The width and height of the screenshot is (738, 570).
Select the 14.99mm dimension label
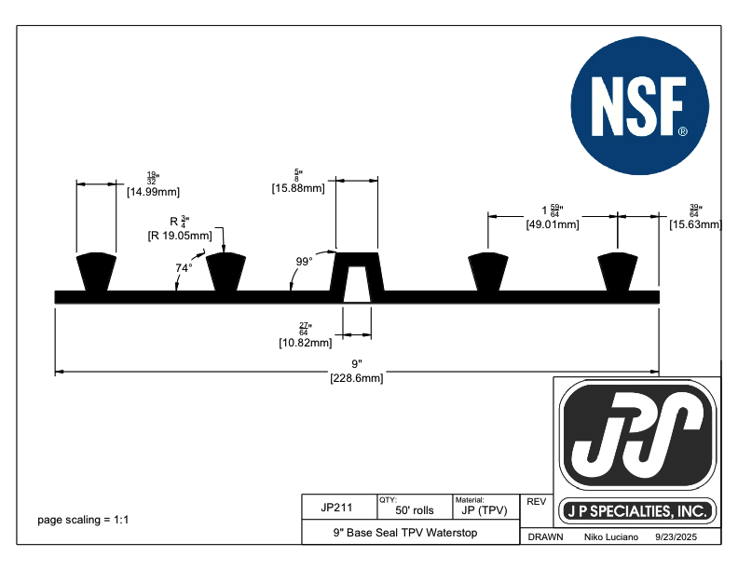coord(152,193)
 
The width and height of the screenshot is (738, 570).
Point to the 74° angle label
coord(184,268)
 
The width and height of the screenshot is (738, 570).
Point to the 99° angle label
coord(304,262)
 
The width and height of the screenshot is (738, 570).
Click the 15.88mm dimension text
coord(298,188)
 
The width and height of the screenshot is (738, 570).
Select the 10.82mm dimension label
coord(305,343)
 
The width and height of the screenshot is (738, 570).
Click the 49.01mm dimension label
coord(553,224)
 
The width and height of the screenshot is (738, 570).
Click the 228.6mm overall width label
coord(356,378)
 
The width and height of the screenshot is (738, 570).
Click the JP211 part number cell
coord(335,509)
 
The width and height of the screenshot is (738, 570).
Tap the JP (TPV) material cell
coord(485,511)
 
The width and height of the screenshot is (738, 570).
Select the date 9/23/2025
coord(676,538)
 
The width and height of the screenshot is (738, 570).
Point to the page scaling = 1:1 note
coord(83,520)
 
